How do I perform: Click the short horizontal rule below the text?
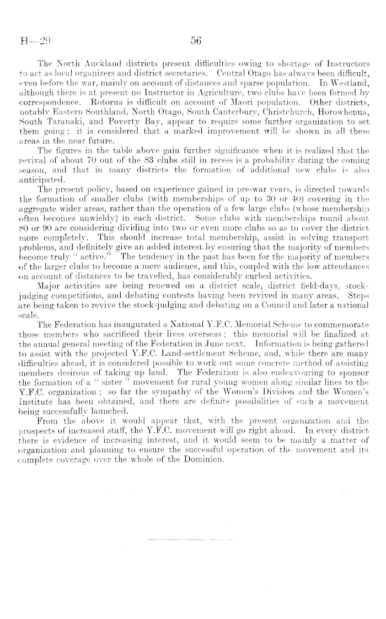(x=193, y=540)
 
